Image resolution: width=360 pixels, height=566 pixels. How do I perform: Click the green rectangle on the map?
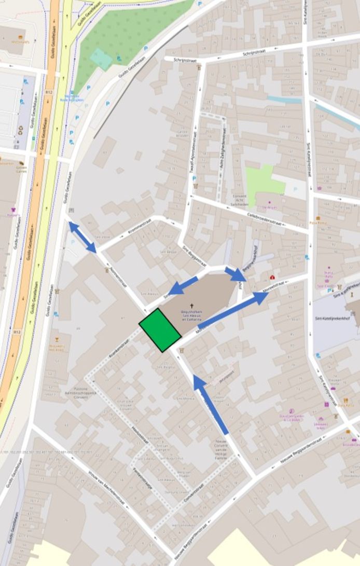pos(160,330)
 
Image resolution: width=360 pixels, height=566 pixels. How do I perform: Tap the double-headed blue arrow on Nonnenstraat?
pos(82,237)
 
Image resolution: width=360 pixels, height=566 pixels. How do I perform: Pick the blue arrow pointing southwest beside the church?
pos(183,286)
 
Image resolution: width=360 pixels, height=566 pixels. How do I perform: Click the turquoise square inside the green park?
pos(101,59)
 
